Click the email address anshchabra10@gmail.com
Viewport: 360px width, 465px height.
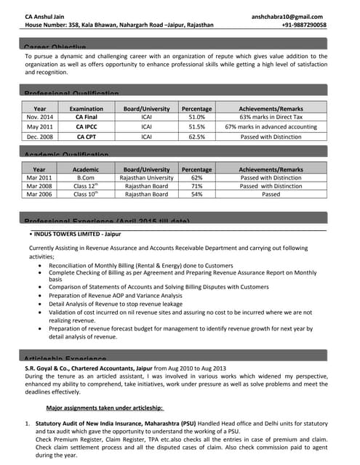pyautogui.click(x=289, y=15)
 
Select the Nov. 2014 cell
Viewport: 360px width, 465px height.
pyautogui.click(x=40, y=116)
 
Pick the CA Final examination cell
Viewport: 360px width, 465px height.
pyautogui.click(x=87, y=116)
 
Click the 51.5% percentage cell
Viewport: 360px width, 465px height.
pyautogui.click(x=196, y=126)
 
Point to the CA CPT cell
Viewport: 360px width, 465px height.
pyautogui.click(x=87, y=136)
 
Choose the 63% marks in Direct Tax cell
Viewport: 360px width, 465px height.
pyautogui.click(x=271, y=116)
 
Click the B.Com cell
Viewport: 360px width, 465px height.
pyautogui.click(x=86, y=177)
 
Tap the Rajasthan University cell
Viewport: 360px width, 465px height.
pyautogui.click(x=146, y=177)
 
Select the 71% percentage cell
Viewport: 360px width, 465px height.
pyautogui.click(x=196, y=186)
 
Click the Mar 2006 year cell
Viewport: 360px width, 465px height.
pyautogui.click(x=39, y=195)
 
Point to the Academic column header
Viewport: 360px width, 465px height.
pyautogui.click(x=86, y=169)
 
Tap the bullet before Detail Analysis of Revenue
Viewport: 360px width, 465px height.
pyautogui.click(x=39, y=304)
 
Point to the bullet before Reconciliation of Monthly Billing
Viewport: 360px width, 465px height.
pyautogui.click(x=39, y=267)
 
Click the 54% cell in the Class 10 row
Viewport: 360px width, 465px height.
pyautogui.click(x=196, y=195)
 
